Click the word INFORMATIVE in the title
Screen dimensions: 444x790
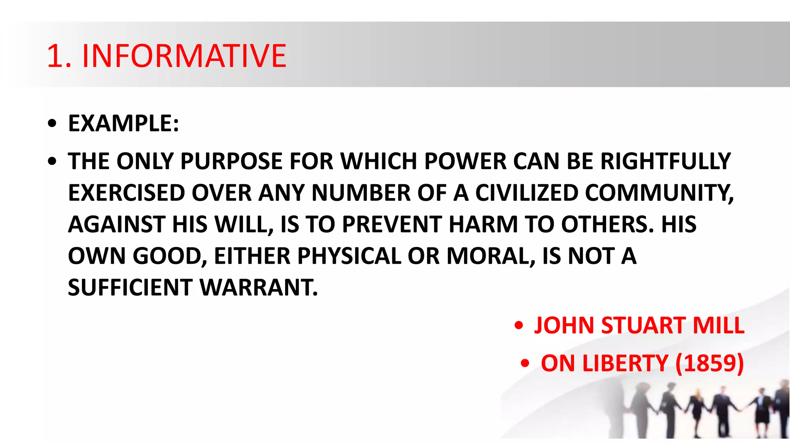184,56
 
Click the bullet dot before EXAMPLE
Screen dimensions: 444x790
52,124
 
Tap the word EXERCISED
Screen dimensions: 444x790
127,193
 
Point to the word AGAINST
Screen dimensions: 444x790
117,224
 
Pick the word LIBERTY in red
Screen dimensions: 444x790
625,363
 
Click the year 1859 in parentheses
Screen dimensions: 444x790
709,363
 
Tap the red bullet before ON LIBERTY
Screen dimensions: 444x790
525,363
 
